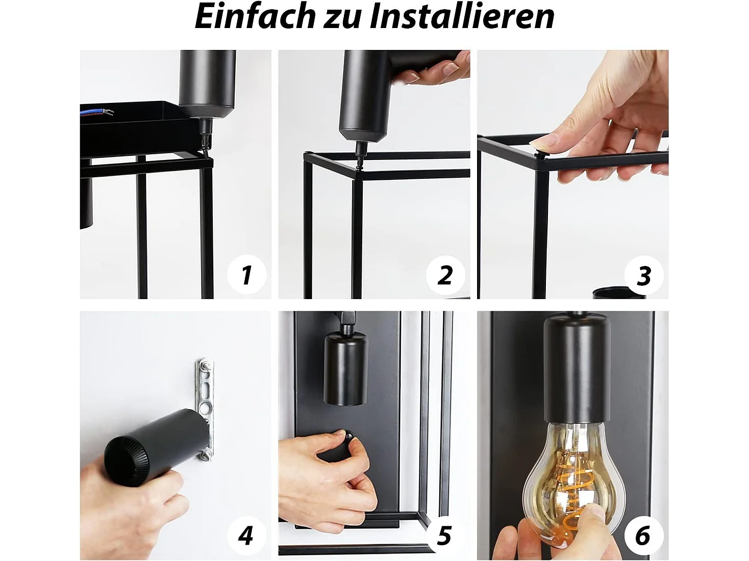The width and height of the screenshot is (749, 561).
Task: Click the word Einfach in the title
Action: point(256,16)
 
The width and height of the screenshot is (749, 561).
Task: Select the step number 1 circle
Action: point(247,275)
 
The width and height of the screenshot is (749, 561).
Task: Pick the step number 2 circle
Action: point(445,275)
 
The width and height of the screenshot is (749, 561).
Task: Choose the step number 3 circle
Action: point(644,275)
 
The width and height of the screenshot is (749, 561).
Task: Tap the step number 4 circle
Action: point(246,536)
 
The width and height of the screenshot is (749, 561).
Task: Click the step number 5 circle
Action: point(444,536)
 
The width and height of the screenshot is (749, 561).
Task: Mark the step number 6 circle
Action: point(643,536)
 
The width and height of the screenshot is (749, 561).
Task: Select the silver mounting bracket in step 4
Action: point(205,403)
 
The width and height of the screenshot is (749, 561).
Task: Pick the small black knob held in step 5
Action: point(349,436)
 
